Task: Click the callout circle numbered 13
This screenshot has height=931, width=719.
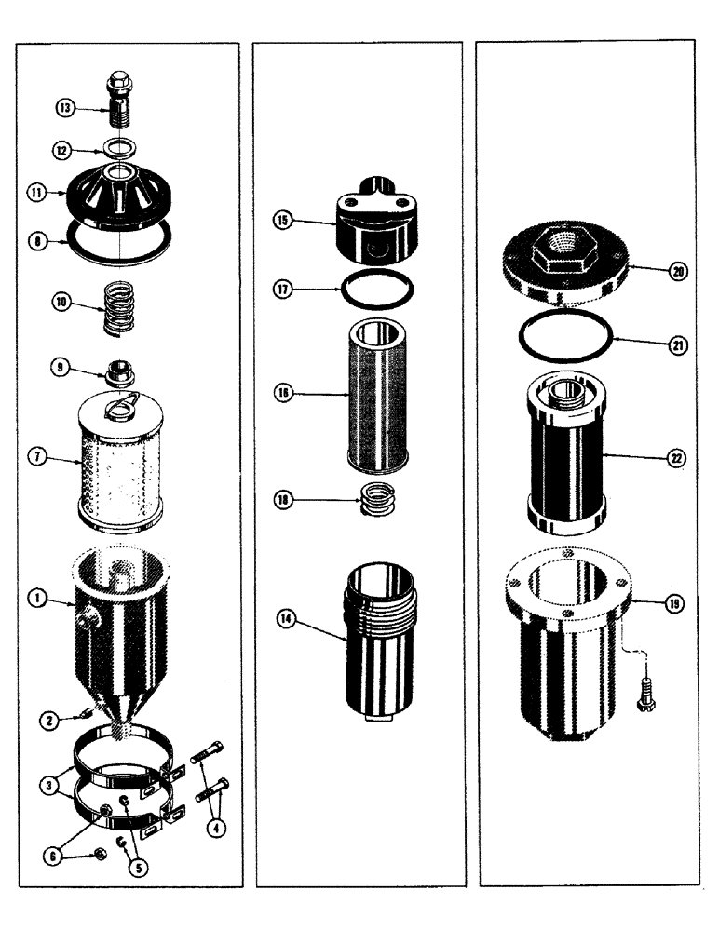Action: [x=63, y=108]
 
